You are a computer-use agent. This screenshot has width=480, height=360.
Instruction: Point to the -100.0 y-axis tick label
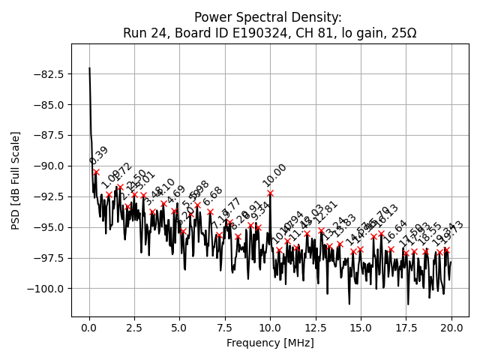[x=46, y=288]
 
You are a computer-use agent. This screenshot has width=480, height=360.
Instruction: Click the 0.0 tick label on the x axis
[x=89, y=328]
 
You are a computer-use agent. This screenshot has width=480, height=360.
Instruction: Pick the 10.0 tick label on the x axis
[x=270, y=328]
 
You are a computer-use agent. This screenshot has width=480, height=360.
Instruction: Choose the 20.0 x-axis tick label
[x=451, y=328]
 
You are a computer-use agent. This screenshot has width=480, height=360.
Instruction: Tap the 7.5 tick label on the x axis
[x=225, y=328]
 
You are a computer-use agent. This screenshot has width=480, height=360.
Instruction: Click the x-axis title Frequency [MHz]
[x=270, y=343]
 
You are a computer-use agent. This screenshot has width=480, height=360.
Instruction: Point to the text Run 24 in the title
[x=144, y=33]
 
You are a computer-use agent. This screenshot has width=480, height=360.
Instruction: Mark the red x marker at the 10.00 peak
[x=270, y=193]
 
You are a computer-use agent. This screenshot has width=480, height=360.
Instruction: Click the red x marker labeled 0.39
[x=96, y=172]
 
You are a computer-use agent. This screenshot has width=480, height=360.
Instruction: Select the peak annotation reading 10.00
[x=274, y=175]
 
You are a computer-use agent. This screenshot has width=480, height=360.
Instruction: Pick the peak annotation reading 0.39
[x=98, y=155]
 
